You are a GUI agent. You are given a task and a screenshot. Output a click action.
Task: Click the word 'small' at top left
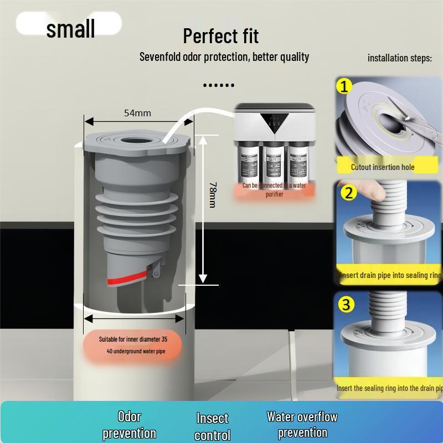pyautogui.click(x=70, y=29)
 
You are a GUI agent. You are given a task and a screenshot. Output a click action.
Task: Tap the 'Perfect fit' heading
pyautogui.click(x=220, y=36)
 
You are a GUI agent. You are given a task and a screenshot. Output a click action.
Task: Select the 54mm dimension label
pyautogui.click(x=137, y=113)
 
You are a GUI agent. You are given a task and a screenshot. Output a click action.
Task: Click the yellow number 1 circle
pyautogui.click(x=345, y=86)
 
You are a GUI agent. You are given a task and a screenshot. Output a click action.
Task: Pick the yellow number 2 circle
pyautogui.click(x=348, y=193)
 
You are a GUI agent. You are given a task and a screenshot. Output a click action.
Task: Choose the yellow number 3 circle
pyautogui.click(x=346, y=304)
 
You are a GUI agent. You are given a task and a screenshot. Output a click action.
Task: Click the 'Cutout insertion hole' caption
pyautogui.click(x=382, y=167)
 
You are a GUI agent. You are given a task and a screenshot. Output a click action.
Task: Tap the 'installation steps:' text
pyautogui.click(x=399, y=58)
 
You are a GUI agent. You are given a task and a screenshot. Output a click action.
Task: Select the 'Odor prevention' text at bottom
pyautogui.click(x=129, y=425)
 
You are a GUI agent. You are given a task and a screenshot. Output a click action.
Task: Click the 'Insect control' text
pyautogui.click(x=212, y=426)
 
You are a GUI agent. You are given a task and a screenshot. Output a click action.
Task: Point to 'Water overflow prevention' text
pyautogui.click(x=302, y=424)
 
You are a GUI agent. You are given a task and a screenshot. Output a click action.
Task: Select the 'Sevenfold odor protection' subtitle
pyautogui.click(x=224, y=56)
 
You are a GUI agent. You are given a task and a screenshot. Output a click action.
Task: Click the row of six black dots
pyautogui.click(x=219, y=85)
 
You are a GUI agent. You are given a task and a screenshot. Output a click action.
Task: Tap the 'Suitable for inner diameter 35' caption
pyautogui.click(x=133, y=339)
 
